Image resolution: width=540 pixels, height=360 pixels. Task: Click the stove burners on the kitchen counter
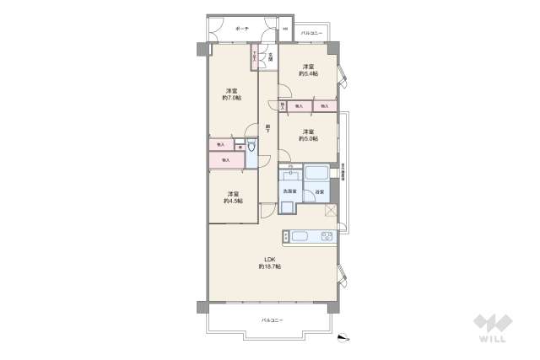(326, 237)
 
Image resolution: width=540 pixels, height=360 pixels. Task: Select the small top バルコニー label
(313, 33)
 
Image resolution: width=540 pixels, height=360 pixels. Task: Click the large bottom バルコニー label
(272, 320)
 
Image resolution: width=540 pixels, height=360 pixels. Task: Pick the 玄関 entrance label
(270, 58)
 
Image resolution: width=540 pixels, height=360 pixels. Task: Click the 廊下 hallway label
(267, 127)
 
